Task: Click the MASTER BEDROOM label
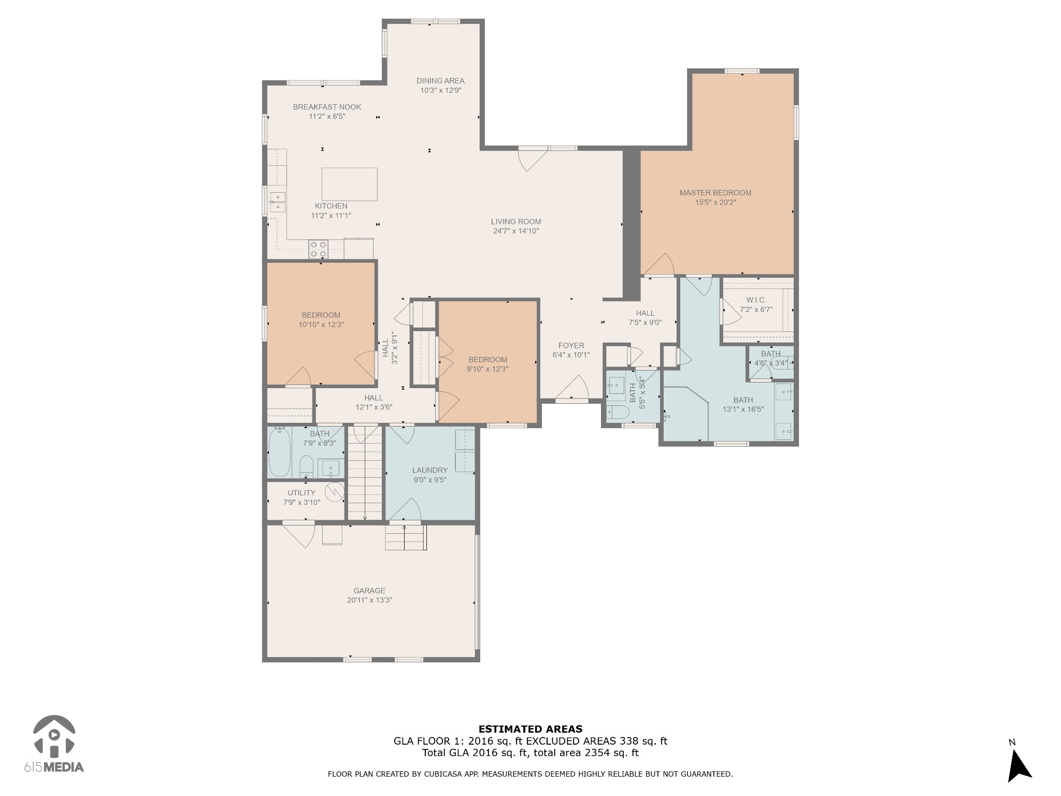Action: point(715,193)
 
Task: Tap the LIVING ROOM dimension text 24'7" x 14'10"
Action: point(516,231)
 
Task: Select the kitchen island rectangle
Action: point(350,184)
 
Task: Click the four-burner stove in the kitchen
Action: point(318,249)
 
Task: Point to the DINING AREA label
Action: point(440,81)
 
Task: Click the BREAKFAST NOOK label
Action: point(327,107)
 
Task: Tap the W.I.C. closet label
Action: point(756,300)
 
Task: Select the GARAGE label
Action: point(369,591)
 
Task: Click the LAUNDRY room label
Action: point(429,471)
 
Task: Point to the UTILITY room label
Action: point(302,493)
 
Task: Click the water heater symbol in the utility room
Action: point(334,492)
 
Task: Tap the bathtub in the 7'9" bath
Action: point(280,452)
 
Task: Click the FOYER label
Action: point(571,346)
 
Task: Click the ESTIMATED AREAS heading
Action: point(530,729)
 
